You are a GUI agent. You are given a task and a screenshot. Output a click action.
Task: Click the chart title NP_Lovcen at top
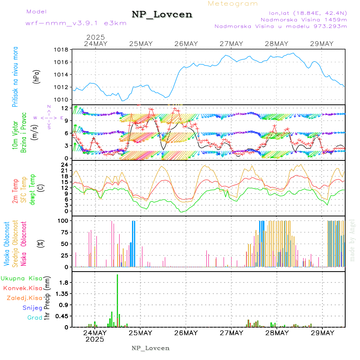pos(162,15)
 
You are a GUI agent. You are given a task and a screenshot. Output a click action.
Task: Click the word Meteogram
pos(233,4)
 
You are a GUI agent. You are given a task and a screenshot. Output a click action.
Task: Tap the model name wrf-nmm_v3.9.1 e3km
pos(76,23)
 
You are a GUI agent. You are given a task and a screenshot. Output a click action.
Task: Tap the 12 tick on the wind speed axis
pos(64,108)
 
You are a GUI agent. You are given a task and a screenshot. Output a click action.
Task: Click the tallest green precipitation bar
pos(117,300)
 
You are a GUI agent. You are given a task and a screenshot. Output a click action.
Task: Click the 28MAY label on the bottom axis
pos(276,333)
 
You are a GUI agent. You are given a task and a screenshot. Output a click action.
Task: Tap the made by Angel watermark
pos(352,240)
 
